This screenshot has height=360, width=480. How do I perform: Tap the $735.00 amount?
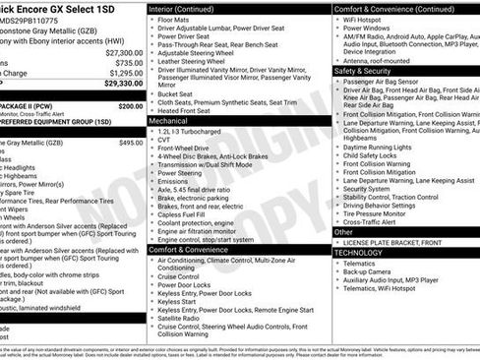pyautogui.click(x=123, y=63)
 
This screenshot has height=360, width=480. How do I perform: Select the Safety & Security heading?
pyautogui.click(x=363, y=71)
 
